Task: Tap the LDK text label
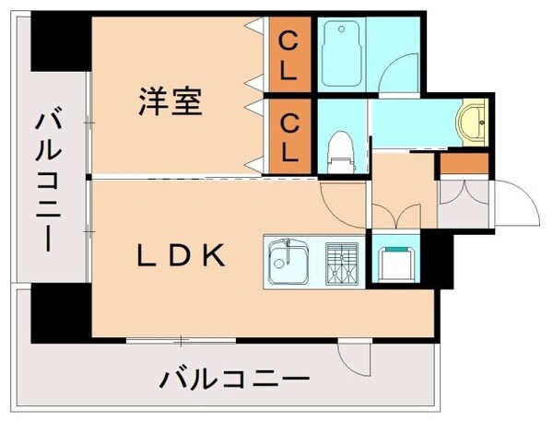pos(182,256)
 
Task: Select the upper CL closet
pos(288,54)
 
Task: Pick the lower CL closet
pos(288,135)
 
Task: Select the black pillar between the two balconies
pos(61,313)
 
